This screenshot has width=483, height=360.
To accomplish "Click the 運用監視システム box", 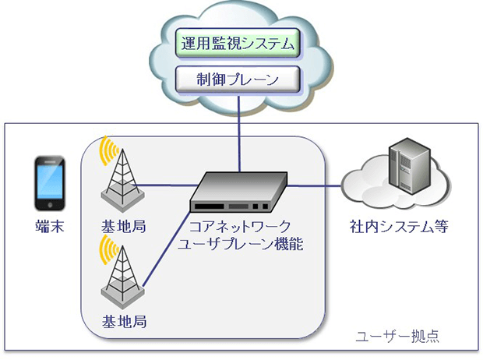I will point(237,44).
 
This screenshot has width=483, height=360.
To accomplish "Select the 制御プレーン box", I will point(237,79).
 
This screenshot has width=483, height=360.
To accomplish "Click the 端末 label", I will point(48,227).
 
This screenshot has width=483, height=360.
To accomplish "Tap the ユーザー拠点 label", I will point(397,337).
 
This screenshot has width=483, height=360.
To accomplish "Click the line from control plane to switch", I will point(239,132).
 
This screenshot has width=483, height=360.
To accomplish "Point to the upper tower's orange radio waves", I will point(104,154).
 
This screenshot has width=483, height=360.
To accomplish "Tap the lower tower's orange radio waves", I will point(104,249).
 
